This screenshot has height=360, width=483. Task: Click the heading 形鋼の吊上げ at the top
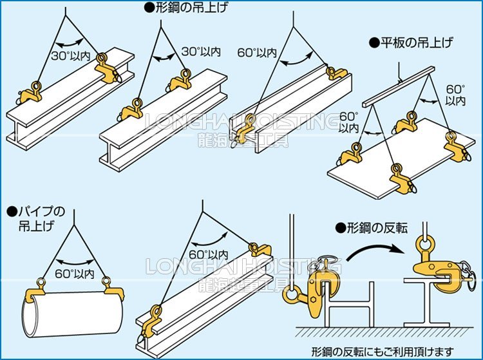tap(187, 8)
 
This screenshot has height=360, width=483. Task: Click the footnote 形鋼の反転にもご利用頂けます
tap(387, 351)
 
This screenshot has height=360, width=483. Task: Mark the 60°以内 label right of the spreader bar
tap(455, 95)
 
